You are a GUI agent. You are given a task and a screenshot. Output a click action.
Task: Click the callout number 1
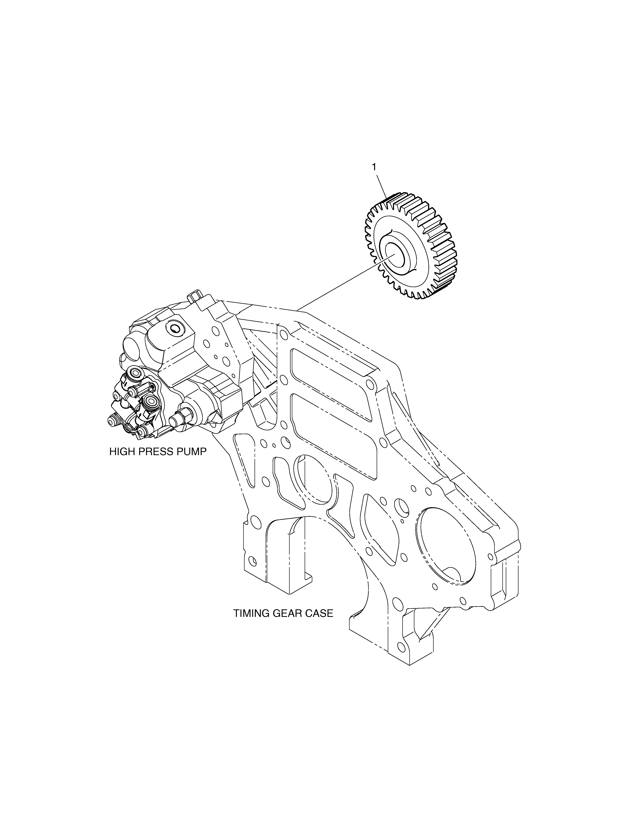pos(374,167)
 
